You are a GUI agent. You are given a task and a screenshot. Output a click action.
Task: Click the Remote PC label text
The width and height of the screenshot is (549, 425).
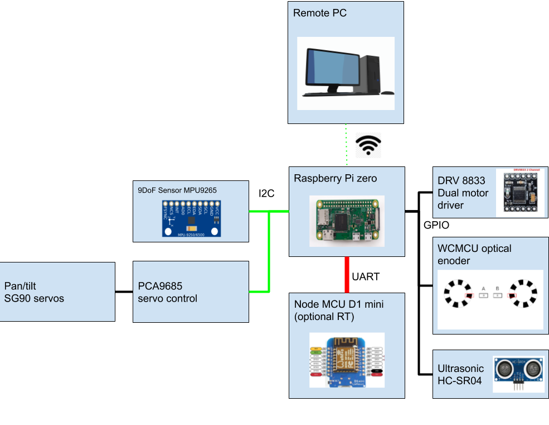[319, 13]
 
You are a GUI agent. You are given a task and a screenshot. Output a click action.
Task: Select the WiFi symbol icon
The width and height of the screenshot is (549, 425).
[368, 145]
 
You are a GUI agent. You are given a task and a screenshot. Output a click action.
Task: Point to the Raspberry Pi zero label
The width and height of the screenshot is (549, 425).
[335, 179]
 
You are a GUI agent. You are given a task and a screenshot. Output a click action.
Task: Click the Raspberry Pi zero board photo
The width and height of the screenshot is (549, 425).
[347, 221]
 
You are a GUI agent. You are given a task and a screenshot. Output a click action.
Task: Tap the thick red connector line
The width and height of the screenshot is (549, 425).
[347, 274]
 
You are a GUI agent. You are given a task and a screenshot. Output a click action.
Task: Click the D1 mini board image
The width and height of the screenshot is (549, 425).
[346, 361]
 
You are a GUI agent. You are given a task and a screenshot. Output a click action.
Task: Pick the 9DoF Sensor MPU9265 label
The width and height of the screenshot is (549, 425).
[177, 190]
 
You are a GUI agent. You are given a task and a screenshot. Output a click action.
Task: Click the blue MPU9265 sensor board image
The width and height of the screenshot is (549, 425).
[191, 218]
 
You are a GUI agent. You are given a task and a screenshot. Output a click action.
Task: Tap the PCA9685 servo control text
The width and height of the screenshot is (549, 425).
[167, 293]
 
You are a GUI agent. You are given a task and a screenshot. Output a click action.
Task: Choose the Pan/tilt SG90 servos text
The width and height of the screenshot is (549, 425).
[35, 293]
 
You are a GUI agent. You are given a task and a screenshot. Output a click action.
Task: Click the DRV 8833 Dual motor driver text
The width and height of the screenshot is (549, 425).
[463, 193]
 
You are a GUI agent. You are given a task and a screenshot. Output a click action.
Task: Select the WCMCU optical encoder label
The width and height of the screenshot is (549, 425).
[474, 254]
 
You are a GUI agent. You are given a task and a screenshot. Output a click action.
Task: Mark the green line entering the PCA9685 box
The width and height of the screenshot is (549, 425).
[259, 292]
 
